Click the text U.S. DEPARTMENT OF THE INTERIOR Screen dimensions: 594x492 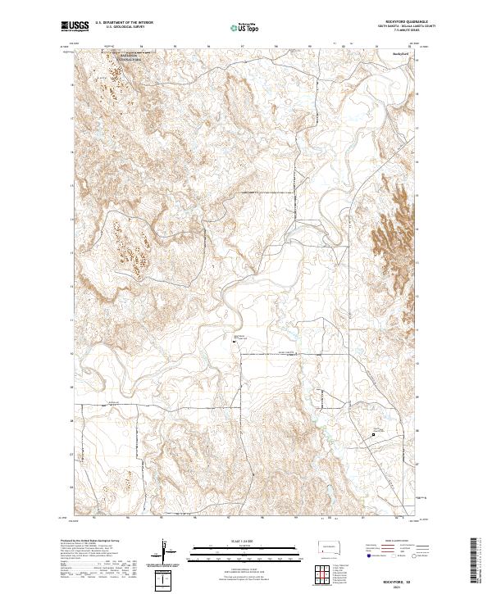point(124,23)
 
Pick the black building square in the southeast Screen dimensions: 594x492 point(374,434)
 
